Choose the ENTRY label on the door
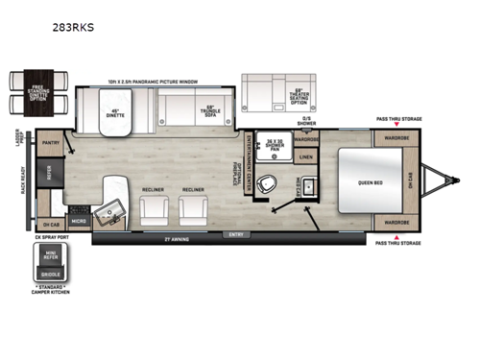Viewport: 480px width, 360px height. (x=235, y=233)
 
